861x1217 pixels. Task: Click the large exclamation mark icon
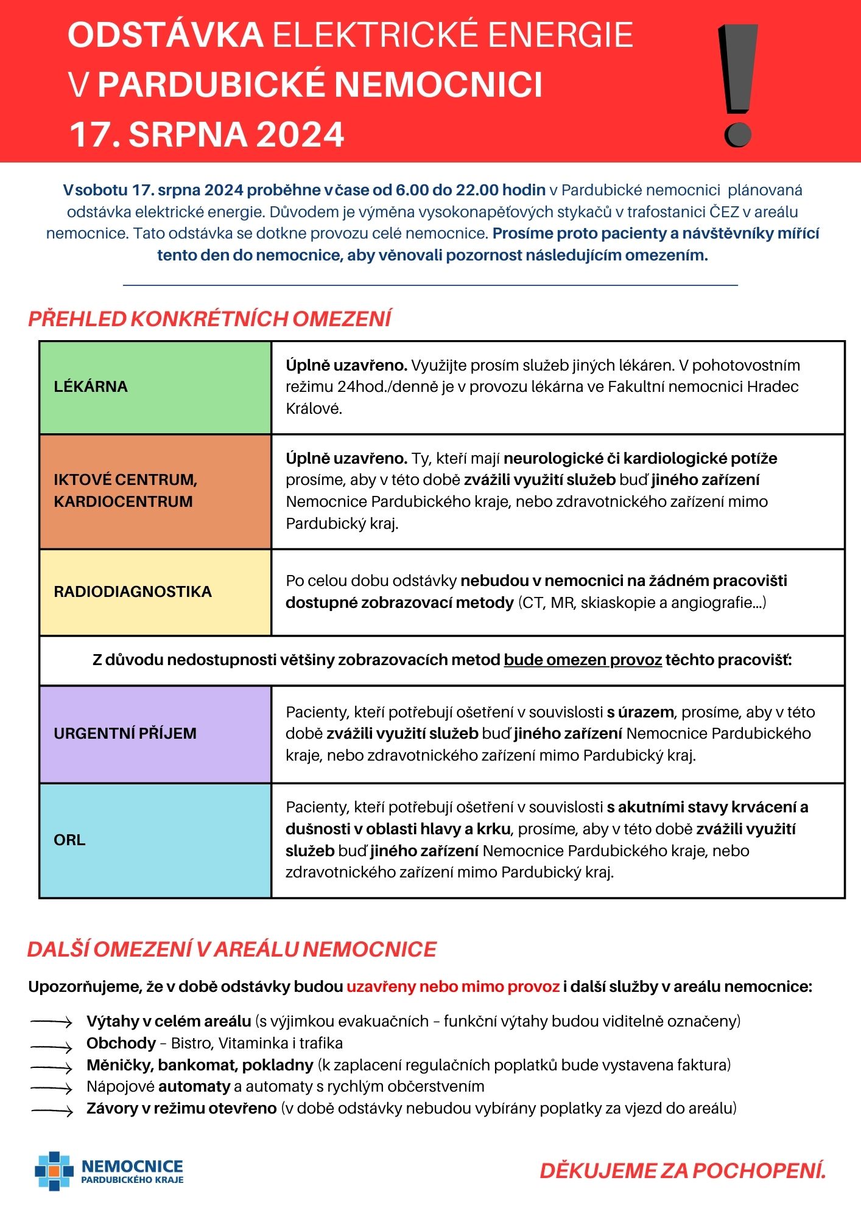(738, 85)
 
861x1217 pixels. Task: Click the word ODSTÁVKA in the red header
(165, 35)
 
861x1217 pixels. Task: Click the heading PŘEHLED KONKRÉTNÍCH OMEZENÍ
(209, 319)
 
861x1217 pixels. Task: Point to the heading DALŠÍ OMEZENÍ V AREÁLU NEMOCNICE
(232, 949)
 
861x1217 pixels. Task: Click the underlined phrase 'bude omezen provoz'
(583, 660)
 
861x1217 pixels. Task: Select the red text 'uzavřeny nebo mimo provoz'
(453, 986)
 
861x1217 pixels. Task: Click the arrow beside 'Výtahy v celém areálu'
(52, 1022)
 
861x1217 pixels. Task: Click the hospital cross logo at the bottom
(54, 1170)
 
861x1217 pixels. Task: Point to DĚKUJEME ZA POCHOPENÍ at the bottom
(683, 1170)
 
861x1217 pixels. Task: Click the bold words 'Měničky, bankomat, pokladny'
(200, 1065)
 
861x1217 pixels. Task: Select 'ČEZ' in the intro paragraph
(724, 212)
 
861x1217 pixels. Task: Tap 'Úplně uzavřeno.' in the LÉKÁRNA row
(346, 365)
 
